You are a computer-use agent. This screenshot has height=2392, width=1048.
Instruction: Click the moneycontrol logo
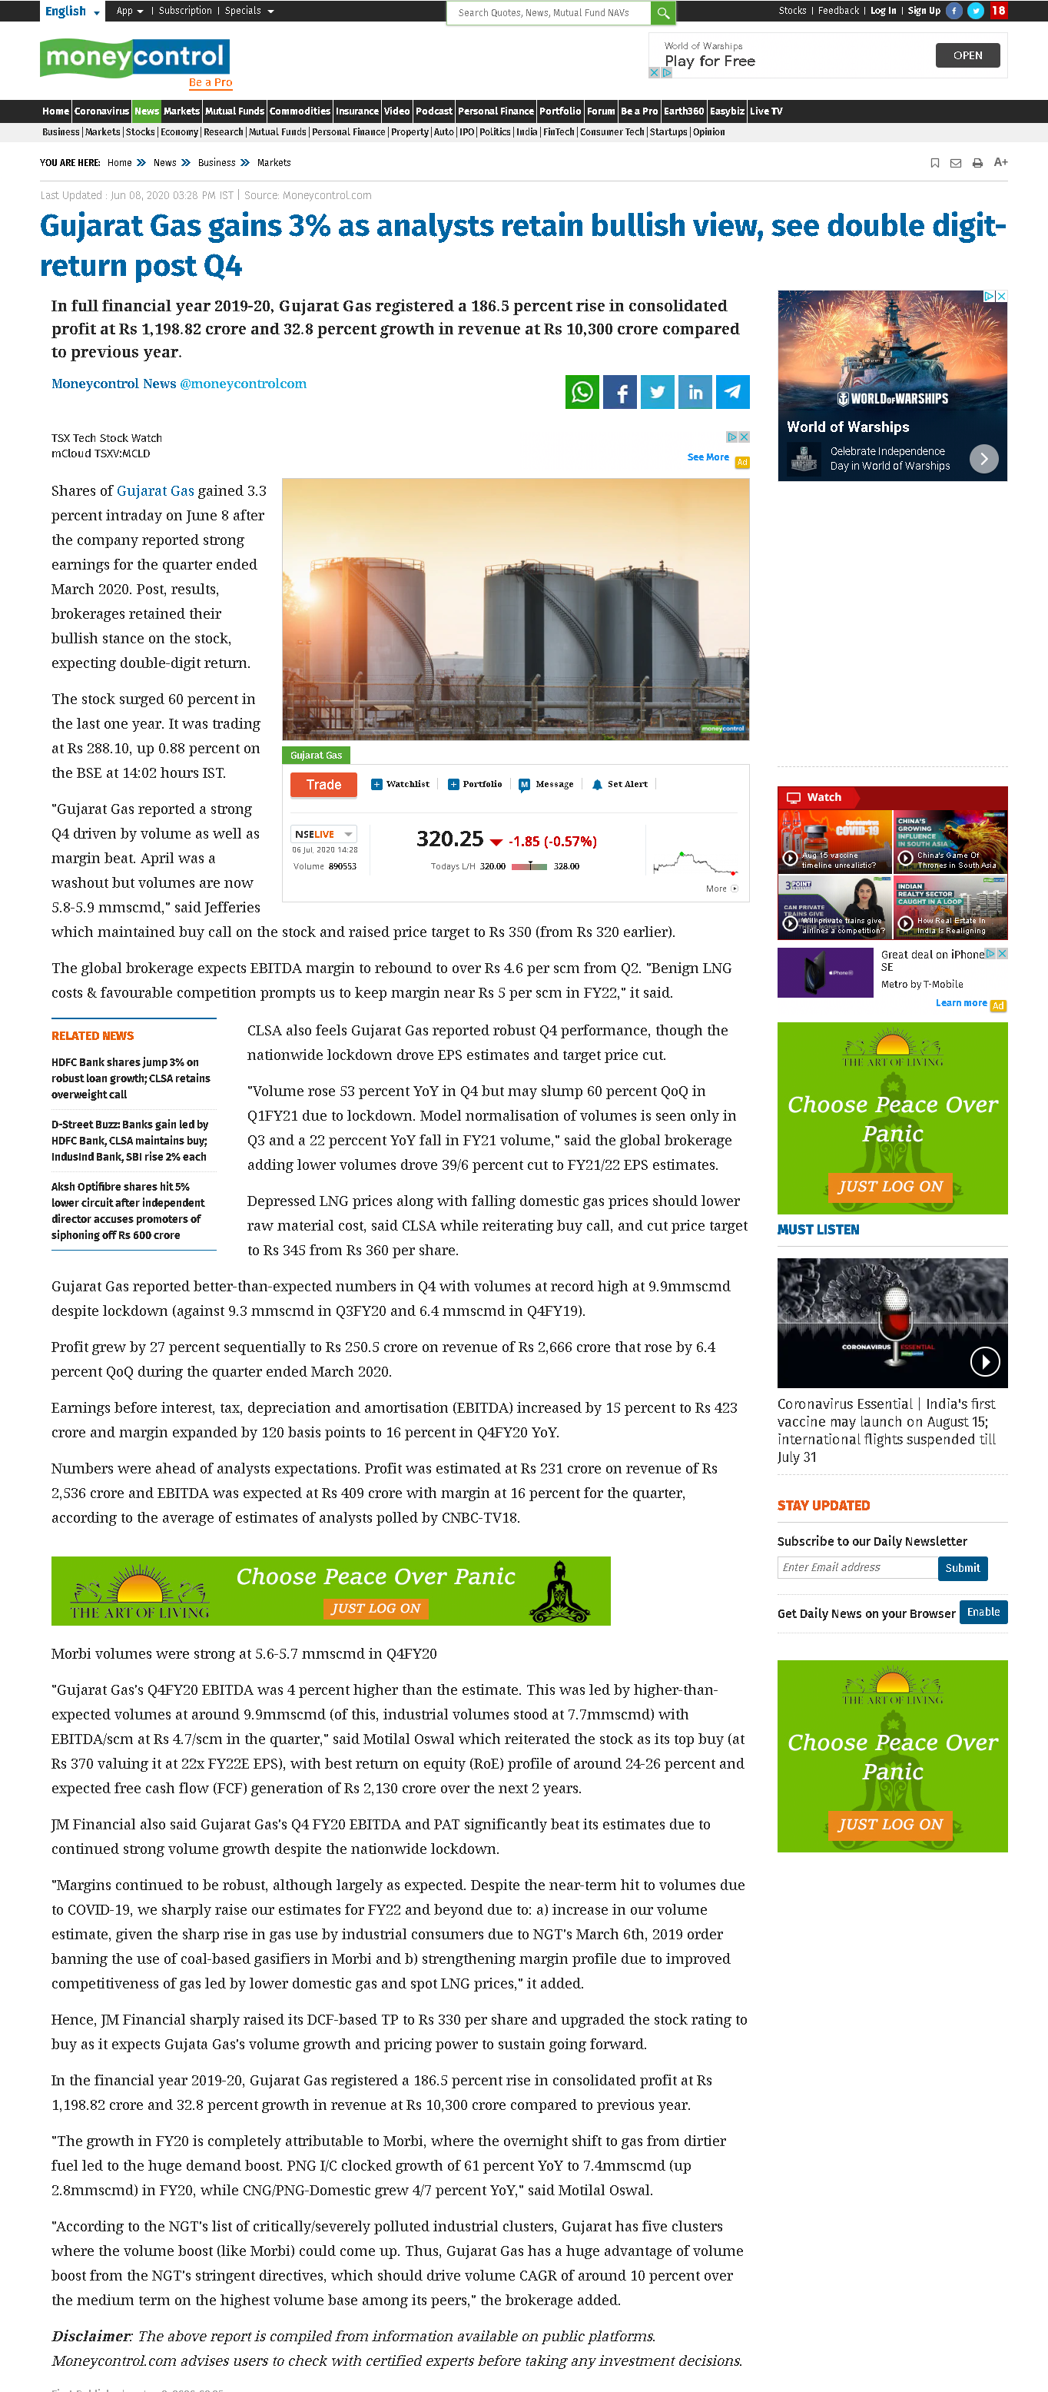[135, 58]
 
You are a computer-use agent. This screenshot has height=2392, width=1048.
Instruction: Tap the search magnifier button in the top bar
[663, 13]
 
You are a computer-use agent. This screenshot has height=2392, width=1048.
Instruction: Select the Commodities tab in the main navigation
[299, 111]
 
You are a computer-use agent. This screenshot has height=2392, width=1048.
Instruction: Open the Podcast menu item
[433, 111]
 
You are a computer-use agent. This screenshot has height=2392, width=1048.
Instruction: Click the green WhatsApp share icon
[582, 392]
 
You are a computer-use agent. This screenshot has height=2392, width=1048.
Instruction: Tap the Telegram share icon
[732, 392]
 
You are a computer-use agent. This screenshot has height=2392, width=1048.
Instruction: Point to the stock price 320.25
[449, 839]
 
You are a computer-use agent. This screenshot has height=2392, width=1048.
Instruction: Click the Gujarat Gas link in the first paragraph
[155, 491]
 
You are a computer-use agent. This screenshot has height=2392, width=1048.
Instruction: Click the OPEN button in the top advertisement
[967, 55]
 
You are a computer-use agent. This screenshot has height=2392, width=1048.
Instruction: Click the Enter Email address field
[856, 1567]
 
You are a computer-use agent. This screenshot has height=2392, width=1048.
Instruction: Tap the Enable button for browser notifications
[982, 1612]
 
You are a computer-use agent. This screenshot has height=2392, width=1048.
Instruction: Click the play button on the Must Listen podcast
[984, 1361]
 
